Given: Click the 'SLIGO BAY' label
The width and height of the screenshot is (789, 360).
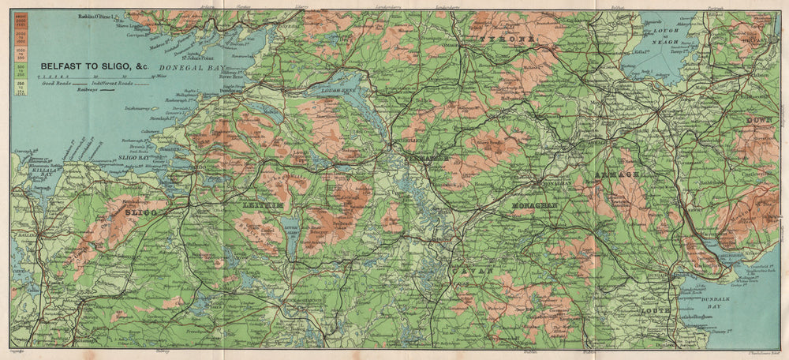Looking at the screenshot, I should [133, 158].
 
